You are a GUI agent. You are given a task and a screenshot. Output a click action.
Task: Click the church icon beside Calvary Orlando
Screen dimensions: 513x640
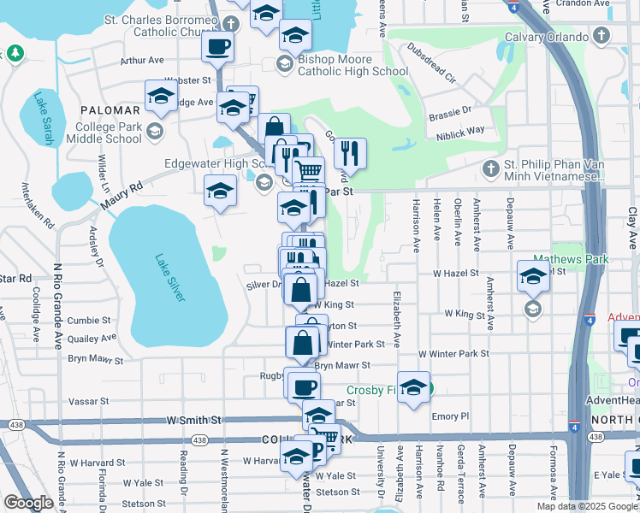pos(601,37)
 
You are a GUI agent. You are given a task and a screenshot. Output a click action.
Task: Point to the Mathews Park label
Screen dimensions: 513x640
pos(562,258)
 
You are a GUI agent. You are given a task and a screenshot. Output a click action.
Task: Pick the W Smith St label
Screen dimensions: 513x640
pos(195,421)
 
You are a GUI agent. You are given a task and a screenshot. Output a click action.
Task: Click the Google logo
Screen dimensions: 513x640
pos(28,503)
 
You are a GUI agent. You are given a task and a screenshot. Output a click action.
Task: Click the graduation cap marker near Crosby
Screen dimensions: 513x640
pos(413,386)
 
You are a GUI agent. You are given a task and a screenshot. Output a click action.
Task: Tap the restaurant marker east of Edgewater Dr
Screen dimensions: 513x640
pos(350,154)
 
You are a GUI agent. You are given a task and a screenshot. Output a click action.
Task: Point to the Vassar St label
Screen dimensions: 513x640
pos(89,400)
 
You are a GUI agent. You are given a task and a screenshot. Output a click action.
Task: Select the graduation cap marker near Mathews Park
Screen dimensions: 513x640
pos(532,275)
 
